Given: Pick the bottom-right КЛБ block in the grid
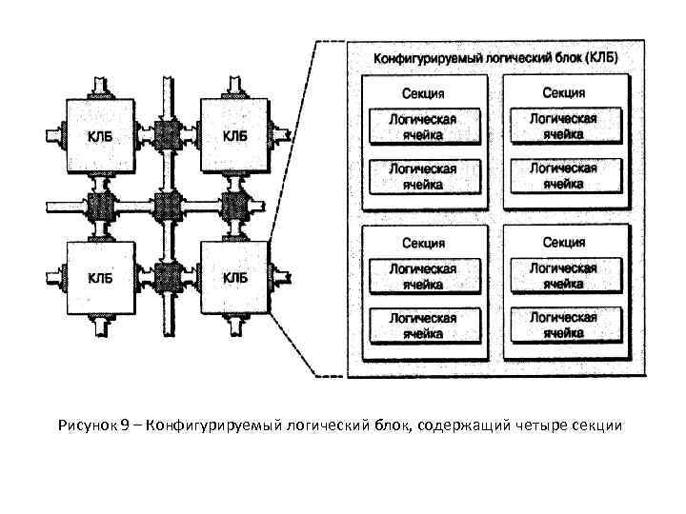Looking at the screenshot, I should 234,277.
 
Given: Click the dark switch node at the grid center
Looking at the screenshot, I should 168,205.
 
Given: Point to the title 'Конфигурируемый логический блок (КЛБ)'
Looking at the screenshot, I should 495,57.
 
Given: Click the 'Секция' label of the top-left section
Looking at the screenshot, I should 422,93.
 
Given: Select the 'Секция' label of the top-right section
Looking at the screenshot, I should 564,92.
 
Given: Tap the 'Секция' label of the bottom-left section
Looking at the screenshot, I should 422,244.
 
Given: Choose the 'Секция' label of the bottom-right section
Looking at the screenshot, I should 564,243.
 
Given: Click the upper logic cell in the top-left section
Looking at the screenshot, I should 422,127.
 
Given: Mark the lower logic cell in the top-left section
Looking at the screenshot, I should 422,176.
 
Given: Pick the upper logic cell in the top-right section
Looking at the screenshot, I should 564,126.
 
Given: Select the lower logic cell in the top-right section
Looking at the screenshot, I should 564,175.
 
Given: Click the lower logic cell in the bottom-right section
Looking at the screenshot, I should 564,325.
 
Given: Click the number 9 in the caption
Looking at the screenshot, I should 126,425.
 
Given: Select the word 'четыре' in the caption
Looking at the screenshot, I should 537,425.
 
